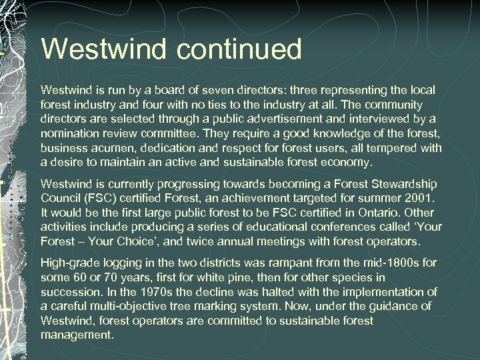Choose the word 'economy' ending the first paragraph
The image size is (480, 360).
point(348,163)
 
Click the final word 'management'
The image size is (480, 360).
point(77,336)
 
